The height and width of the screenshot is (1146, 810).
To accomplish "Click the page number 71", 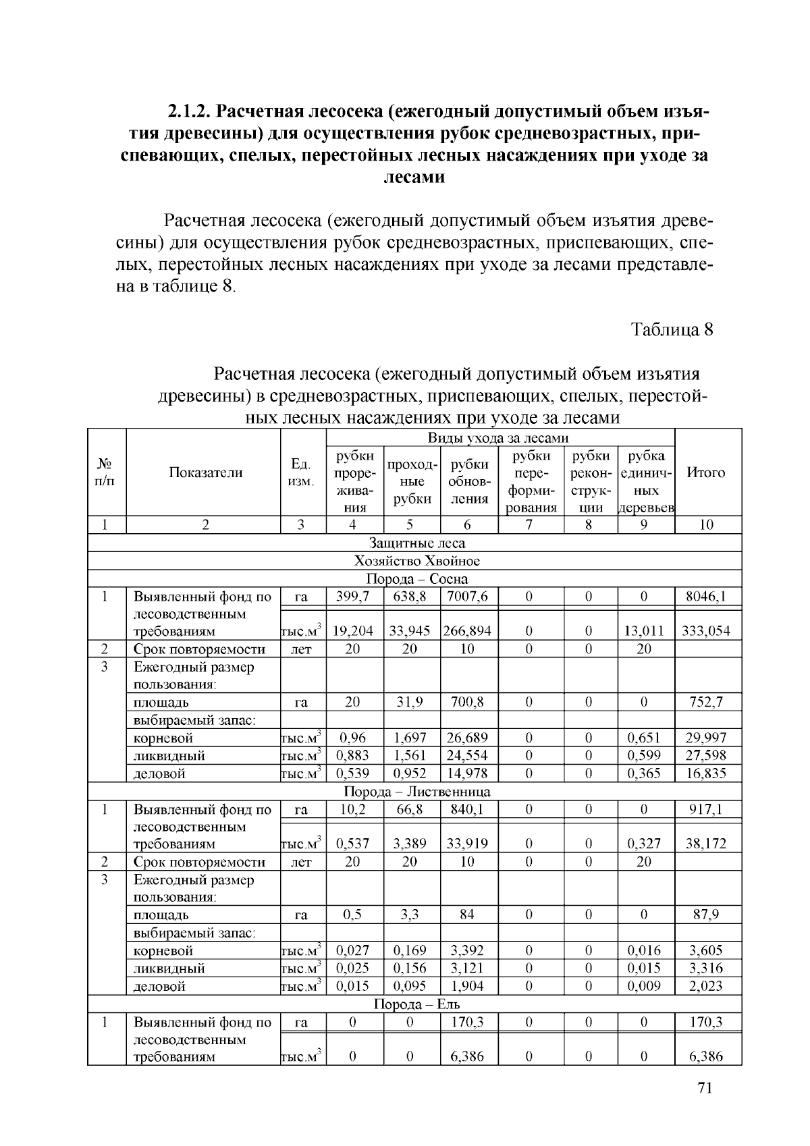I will tap(705, 1088).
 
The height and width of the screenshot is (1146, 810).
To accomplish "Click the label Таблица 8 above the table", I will tap(672, 329).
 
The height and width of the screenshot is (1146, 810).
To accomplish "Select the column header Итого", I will tap(705, 472).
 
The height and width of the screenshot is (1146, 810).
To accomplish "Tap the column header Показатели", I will tap(205, 472).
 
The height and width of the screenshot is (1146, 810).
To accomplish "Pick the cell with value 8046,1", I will tap(707, 597).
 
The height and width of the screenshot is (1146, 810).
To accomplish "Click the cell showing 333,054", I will tap(707, 631).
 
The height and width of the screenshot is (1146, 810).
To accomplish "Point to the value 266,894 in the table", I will tap(467, 631).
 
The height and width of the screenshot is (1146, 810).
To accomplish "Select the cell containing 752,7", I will tap(707, 702).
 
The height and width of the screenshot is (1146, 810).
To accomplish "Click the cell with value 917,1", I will tap(707, 809).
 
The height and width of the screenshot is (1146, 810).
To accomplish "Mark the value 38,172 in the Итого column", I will tap(707, 844).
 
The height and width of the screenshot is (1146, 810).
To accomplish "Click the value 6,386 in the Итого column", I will tap(707, 1056).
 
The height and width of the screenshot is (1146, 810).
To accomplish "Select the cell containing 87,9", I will tap(707, 915).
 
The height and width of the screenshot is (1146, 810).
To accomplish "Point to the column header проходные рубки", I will tap(412, 482).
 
